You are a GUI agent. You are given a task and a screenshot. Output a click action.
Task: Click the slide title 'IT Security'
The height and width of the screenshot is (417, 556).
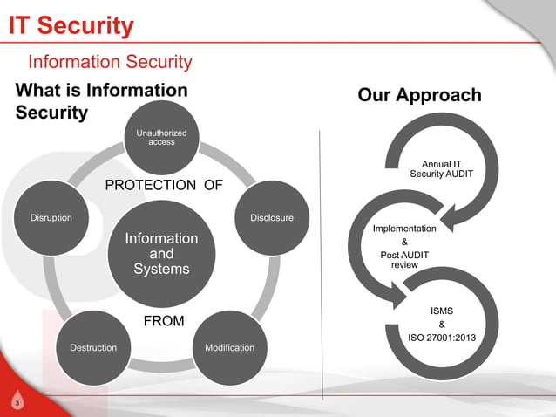(71, 26)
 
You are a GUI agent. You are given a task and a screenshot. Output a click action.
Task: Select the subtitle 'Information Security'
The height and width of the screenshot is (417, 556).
(110, 62)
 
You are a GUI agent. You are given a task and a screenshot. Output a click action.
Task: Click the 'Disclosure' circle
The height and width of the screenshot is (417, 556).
(271, 217)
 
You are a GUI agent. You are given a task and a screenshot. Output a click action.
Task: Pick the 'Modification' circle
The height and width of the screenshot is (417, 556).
(229, 347)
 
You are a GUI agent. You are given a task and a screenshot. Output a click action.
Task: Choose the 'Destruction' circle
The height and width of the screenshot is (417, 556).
(92, 347)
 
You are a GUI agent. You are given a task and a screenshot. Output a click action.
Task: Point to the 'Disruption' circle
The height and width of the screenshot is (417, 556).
(51, 217)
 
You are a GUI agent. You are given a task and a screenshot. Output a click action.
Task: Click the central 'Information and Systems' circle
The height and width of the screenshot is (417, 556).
(161, 253)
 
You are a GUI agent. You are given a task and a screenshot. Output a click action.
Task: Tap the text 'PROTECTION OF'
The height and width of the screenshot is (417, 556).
(164, 185)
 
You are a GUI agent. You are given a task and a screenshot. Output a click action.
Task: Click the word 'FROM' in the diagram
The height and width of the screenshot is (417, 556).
(164, 321)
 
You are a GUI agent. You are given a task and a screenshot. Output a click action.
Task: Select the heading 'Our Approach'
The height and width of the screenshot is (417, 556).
(419, 95)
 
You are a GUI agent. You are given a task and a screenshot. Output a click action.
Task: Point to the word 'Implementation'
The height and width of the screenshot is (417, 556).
(403, 228)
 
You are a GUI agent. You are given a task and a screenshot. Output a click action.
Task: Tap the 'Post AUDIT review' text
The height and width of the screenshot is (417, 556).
(403, 259)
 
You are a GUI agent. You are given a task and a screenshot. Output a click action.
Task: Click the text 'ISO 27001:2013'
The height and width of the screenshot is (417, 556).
(442, 338)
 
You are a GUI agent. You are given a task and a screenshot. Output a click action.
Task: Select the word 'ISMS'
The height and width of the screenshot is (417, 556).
(442, 310)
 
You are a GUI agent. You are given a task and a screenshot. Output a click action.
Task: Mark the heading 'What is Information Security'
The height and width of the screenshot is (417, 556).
(101, 101)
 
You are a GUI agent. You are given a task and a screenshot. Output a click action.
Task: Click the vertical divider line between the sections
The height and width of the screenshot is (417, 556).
(322, 262)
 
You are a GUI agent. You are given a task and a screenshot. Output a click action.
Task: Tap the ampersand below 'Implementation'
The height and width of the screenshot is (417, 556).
(403, 242)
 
